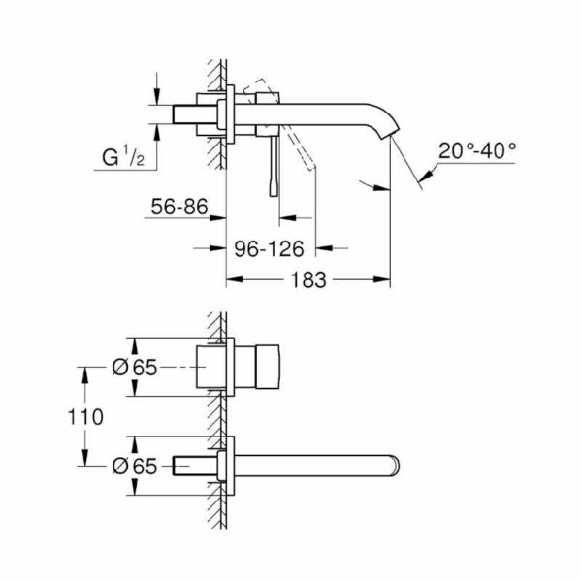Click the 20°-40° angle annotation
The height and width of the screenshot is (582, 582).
[476, 152]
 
